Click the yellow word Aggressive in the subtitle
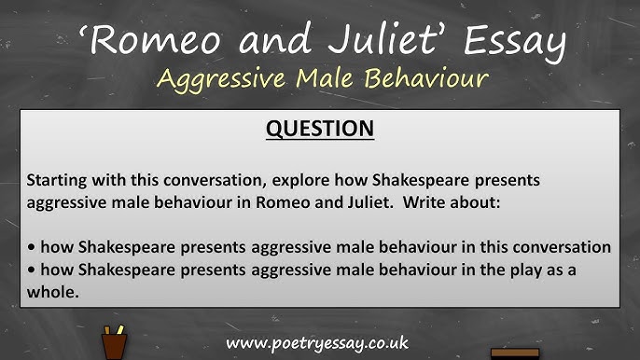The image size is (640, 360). (219, 78)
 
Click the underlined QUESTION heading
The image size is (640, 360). (320, 129)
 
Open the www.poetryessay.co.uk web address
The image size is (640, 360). (317, 342)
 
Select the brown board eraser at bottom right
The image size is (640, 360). (515, 353)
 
